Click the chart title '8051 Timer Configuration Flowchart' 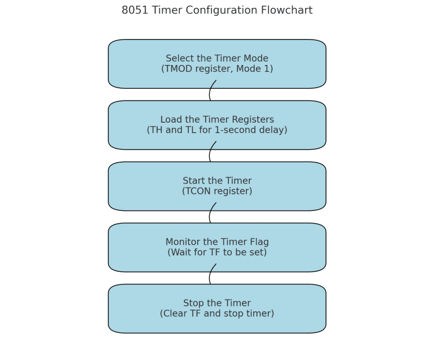point(216,11)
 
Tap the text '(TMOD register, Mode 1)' point(217,69)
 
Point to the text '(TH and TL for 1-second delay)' point(217,130)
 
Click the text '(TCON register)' point(217,192)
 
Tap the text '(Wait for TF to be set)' point(217,253)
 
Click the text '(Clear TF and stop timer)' point(217,314)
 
